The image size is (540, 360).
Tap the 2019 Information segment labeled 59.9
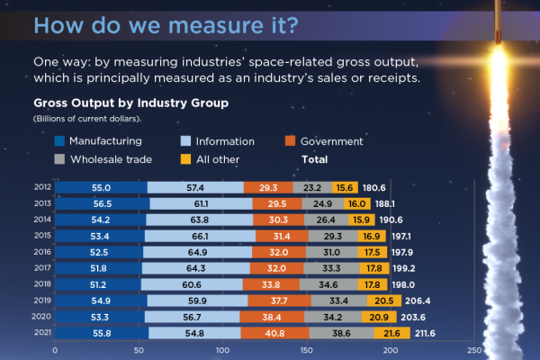click(x=197, y=300)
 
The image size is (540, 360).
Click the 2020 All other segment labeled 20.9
click(x=379, y=316)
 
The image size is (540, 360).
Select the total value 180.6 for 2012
click(x=373, y=187)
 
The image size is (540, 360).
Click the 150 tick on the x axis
click(x=305, y=351)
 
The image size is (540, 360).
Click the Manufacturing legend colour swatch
click(x=60, y=141)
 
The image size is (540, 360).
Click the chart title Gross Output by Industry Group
click(x=130, y=103)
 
